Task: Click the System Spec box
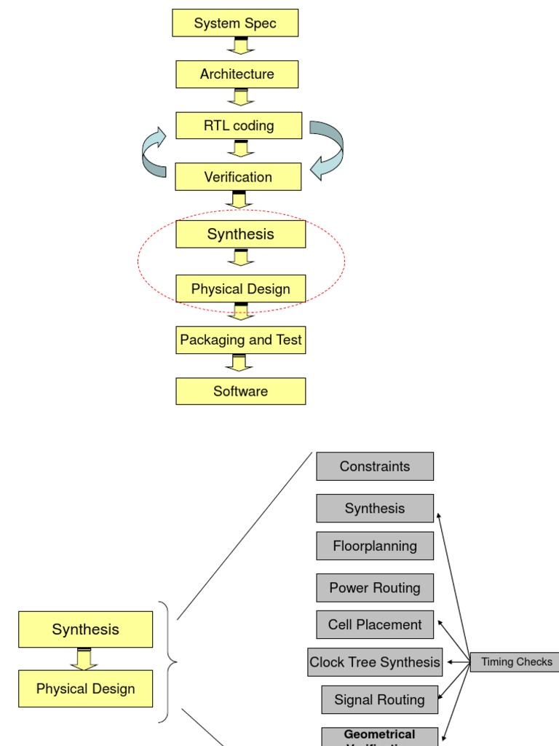tap(235, 23)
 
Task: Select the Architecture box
tap(237, 74)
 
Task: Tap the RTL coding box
tap(239, 125)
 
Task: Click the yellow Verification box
tap(238, 177)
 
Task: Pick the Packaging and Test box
tap(240, 340)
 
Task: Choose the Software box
tap(240, 391)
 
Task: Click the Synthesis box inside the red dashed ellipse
tap(240, 234)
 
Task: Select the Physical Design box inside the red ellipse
tap(240, 289)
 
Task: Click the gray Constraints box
tap(375, 466)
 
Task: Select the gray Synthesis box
tap(375, 509)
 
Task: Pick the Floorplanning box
tap(375, 546)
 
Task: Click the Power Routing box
tap(375, 588)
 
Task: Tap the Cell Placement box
tap(375, 625)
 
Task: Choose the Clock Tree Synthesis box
tap(375, 662)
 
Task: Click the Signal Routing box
tap(379, 700)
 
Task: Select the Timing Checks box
tap(515, 662)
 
